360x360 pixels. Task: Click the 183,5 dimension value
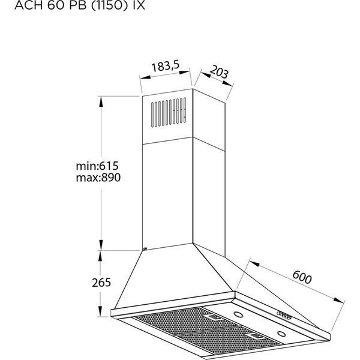[165, 66]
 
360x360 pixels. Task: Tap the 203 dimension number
[219, 72]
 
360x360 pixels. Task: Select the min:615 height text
[97, 166]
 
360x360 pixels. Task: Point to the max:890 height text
[98, 178]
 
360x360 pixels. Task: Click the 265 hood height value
[101, 283]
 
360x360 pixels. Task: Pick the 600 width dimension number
[302, 277]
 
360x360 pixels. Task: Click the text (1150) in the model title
[109, 5]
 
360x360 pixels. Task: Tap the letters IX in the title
[139, 5]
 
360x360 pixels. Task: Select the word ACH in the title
[28, 5]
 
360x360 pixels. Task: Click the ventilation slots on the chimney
[169, 112]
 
